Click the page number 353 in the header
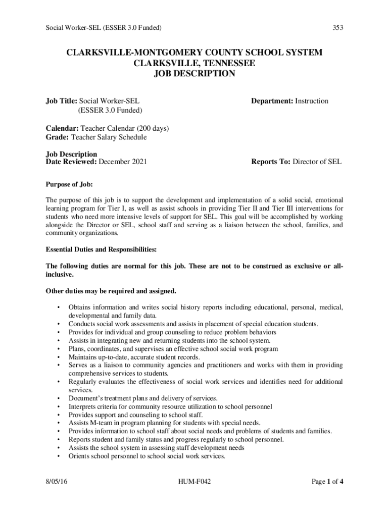click(337, 28)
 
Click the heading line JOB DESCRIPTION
click(194, 74)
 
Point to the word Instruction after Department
click(312, 101)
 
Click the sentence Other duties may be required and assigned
click(111, 291)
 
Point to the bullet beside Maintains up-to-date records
click(59, 357)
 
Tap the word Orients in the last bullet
click(79, 456)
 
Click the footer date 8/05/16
click(57, 482)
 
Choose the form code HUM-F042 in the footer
click(194, 482)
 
